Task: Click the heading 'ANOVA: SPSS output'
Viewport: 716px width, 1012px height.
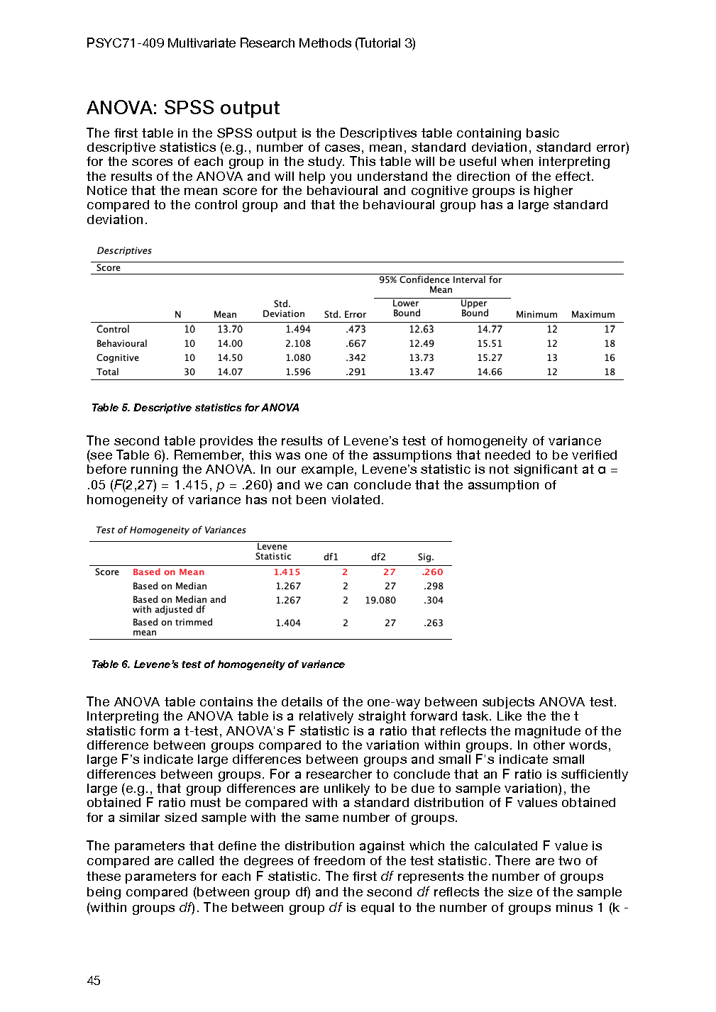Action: pyautogui.click(x=183, y=108)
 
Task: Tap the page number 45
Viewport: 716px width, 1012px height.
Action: pyautogui.click(x=94, y=981)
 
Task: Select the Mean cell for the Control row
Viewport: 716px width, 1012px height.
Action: pyautogui.click(x=230, y=329)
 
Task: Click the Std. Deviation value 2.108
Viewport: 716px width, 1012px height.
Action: pyautogui.click(x=298, y=343)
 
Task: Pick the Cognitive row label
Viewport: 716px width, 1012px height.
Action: pyautogui.click(x=118, y=358)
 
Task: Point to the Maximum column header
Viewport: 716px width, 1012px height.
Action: pyautogui.click(x=593, y=314)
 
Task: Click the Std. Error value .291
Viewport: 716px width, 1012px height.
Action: pyautogui.click(x=356, y=372)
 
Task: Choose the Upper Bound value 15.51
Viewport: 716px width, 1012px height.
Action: pyautogui.click(x=490, y=343)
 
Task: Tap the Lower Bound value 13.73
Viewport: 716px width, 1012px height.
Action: pyautogui.click(x=422, y=358)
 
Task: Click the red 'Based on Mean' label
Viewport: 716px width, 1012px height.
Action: pyautogui.click(x=168, y=572)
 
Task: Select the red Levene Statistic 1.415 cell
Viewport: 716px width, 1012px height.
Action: pyautogui.click(x=287, y=572)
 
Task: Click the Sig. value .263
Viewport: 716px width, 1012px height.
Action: pyautogui.click(x=433, y=623)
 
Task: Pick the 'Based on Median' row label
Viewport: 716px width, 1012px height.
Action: pyautogui.click(x=170, y=586)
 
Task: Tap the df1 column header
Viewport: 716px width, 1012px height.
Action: pyautogui.click(x=331, y=557)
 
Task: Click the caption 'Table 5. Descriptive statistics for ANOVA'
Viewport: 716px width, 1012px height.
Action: pyautogui.click(x=195, y=408)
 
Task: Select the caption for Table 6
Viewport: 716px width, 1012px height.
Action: pyautogui.click(x=218, y=665)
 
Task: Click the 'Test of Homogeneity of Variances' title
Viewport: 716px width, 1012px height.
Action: pyautogui.click(x=171, y=530)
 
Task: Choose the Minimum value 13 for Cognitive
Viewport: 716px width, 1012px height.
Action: pyautogui.click(x=552, y=358)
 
